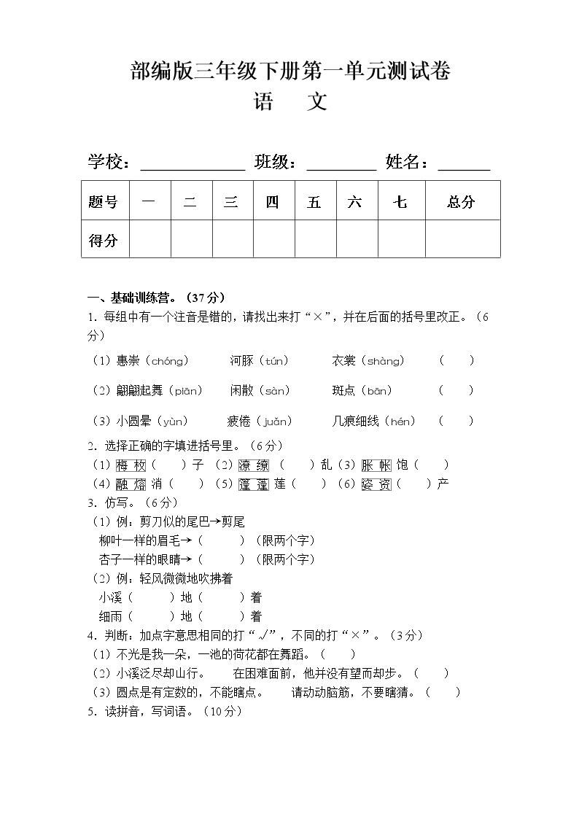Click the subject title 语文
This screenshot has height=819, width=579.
coord(289,102)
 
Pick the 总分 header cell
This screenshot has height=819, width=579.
coord(462,202)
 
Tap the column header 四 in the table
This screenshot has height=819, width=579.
coord(273,202)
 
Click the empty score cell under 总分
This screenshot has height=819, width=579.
coord(462,240)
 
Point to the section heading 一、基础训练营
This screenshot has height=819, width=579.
coord(156,298)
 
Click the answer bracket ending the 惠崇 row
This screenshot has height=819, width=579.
coord(456,360)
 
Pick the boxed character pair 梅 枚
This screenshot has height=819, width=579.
coord(131,465)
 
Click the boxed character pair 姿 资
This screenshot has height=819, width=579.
coord(376,484)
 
